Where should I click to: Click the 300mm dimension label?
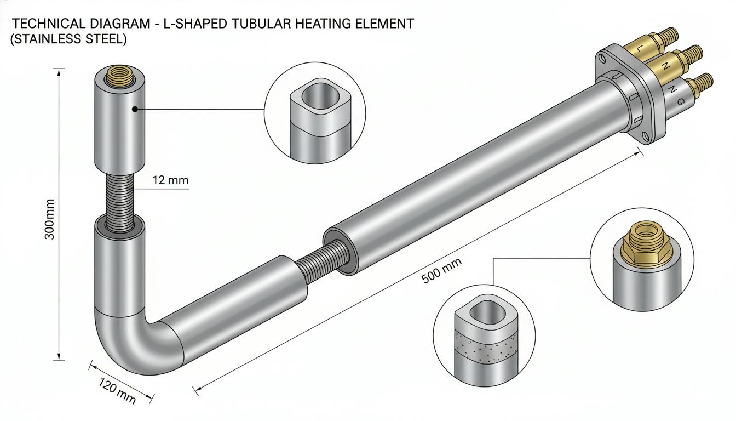49,219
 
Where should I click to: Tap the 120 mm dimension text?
117,391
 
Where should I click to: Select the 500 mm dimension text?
441,270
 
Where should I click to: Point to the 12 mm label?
170,180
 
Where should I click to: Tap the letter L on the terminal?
639,48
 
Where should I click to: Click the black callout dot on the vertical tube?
134,109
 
